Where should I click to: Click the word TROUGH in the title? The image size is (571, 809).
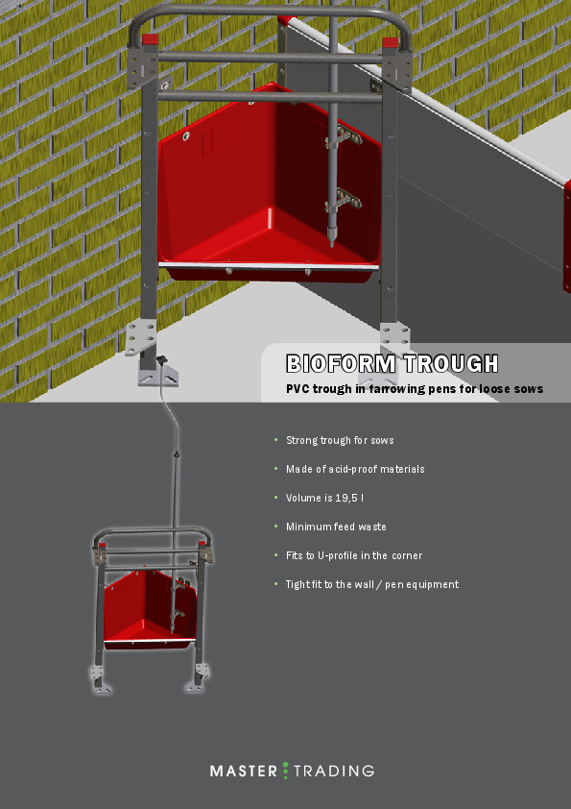[x=450, y=364]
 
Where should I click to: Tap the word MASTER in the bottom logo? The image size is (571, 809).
[x=244, y=771]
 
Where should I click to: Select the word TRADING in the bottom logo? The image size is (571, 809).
[x=334, y=771]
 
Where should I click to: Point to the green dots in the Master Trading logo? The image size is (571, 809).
[x=285, y=771]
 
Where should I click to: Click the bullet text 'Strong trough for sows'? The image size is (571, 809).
[x=340, y=440]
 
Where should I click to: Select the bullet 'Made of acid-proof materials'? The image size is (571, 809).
[x=355, y=469]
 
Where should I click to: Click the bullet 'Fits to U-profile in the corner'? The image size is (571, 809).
[x=354, y=555]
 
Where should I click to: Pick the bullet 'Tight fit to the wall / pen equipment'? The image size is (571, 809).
[x=372, y=584]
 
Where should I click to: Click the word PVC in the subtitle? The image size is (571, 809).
[x=297, y=389]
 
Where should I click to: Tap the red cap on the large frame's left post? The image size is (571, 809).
[x=149, y=40]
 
